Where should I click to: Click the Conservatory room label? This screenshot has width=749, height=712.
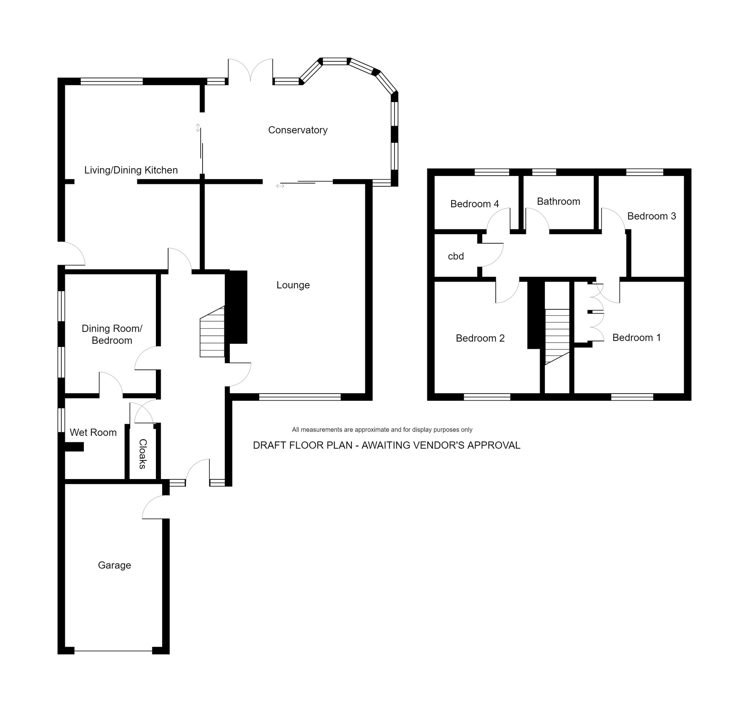[x=298, y=130]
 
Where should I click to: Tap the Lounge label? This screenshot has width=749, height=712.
[x=293, y=285]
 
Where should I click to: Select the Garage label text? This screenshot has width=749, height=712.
[x=114, y=565]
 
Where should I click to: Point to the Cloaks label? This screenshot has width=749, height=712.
[x=143, y=454]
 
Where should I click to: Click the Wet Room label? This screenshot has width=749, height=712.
[x=93, y=432]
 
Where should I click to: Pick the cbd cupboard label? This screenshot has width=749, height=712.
[x=455, y=256]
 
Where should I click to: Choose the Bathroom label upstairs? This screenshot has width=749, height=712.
[x=558, y=201]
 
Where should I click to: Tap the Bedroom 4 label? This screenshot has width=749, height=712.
[x=474, y=204]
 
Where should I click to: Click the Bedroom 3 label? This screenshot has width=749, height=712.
[x=651, y=216]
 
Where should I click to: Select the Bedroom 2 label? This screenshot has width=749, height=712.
[x=480, y=338]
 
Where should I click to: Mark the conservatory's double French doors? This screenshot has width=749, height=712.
[x=250, y=71]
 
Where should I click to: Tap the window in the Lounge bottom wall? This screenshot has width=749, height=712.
[x=300, y=397]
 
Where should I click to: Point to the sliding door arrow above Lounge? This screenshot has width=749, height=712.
[x=280, y=186]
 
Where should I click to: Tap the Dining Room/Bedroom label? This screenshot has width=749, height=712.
[x=112, y=334]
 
